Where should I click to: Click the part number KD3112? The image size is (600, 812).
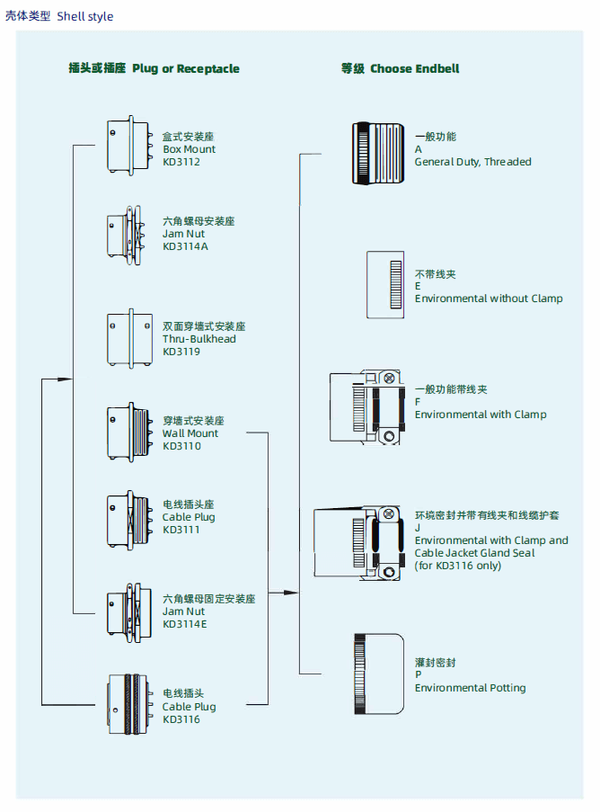(x=181, y=162)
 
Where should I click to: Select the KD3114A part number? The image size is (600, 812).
(x=185, y=246)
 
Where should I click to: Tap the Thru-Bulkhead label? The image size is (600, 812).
(x=199, y=339)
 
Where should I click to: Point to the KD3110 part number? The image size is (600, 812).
(x=181, y=446)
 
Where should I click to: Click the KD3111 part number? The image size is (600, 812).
(x=181, y=530)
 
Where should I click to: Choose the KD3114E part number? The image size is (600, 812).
(x=185, y=624)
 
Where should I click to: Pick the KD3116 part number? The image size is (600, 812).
(x=181, y=719)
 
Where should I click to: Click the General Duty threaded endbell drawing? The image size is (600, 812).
(x=379, y=154)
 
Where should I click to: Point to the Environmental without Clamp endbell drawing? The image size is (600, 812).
(x=385, y=285)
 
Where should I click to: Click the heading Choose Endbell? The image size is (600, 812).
(x=415, y=68)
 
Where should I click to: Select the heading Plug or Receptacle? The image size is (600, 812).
(x=186, y=68)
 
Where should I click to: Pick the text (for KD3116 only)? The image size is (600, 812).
(x=458, y=566)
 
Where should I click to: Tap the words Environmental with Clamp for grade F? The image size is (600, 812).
(x=481, y=415)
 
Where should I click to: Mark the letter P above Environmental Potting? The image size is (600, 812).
(x=419, y=674)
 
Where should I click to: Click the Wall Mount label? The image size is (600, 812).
(x=190, y=433)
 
